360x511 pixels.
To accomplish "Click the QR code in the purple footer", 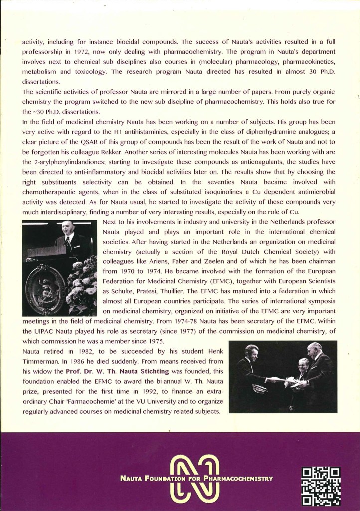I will [321, 486].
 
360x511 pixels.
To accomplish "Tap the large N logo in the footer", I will [194, 478].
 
